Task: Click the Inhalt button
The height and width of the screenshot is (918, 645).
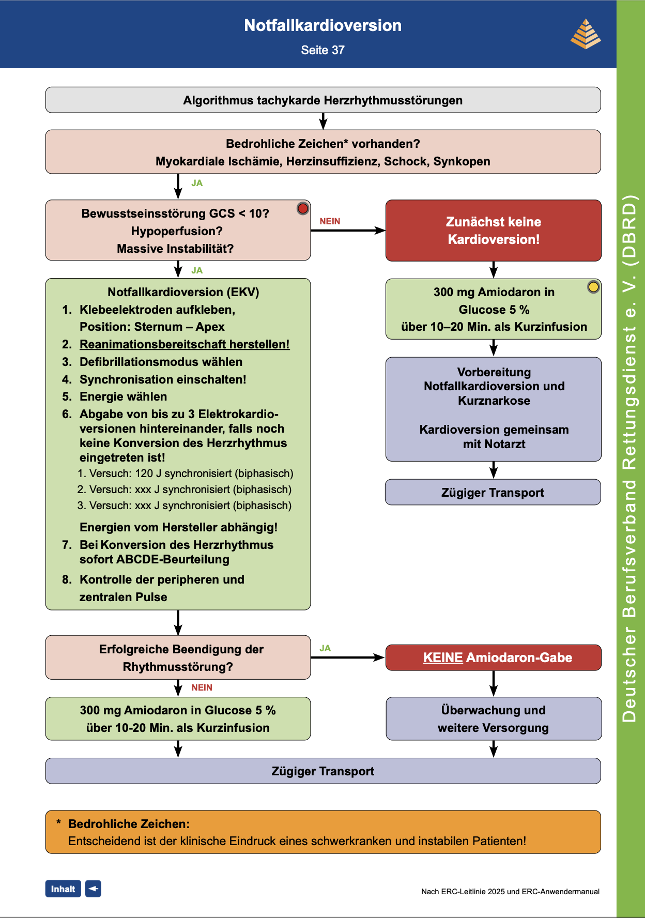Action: tap(63, 889)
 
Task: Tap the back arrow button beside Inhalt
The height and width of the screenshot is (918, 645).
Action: tap(93, 889)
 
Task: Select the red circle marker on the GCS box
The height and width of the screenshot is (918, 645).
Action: tap(303, 208)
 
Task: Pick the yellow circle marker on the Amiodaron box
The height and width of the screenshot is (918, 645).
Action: tap(593, 286)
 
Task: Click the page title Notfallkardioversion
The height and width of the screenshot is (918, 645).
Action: tap(323, 25)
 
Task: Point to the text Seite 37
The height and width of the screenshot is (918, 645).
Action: tap(323, 50)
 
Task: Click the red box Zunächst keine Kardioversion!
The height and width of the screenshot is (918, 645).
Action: tap(494, 231)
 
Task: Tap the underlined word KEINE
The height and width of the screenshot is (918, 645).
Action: tap(443, 657)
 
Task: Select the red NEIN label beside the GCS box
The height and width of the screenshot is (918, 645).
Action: tap(330, 221)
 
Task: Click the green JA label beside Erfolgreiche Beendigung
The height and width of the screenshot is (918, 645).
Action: tap(325, 648)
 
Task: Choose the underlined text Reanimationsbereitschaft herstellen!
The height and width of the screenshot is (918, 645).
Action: tap(185, 344)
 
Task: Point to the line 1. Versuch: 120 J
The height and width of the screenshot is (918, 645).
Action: tap(186, 473)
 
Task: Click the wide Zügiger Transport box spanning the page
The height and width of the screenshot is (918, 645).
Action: tap(323, 771)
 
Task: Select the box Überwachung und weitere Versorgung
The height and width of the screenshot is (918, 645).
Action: tap(494, 718)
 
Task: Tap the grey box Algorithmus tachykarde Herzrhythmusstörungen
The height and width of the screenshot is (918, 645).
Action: tap(323, 100)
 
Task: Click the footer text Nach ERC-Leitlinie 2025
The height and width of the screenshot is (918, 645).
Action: tap(510, 891)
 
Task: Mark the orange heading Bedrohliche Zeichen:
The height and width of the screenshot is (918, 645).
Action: tap(129, 824)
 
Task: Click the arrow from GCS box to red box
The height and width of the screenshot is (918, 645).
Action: tap(348, 231)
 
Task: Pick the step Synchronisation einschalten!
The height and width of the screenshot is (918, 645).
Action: tap(163, 379)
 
